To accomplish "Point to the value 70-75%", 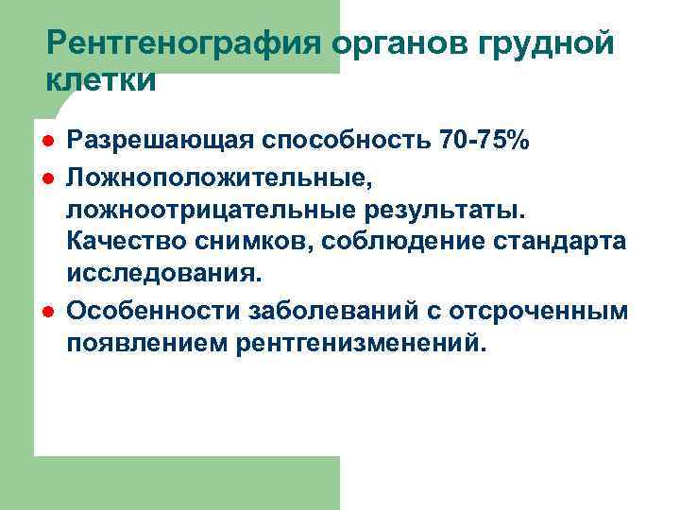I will [485, 142].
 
